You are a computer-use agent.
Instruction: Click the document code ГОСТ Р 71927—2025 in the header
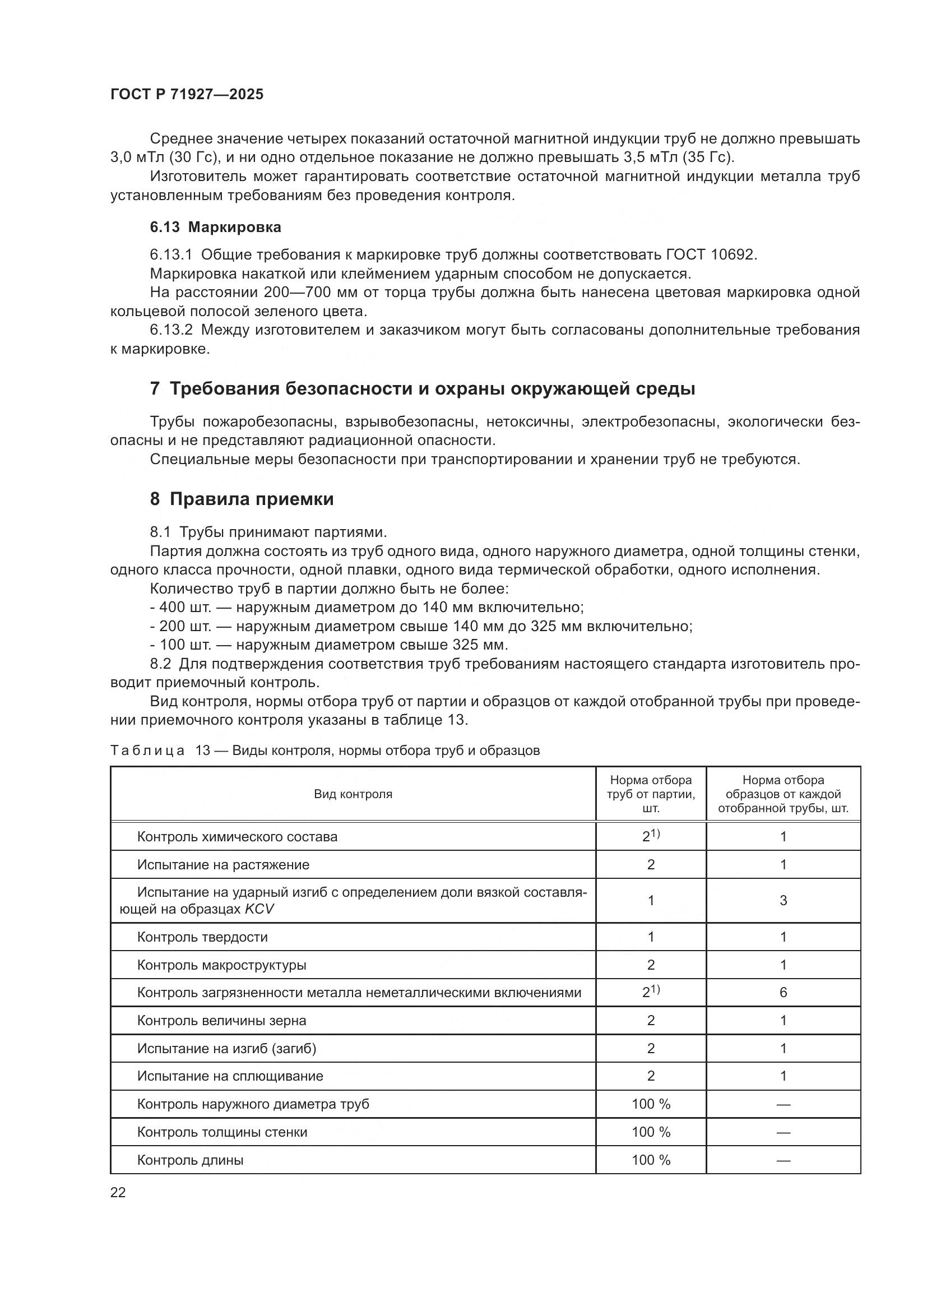pyautogui.click(x=187, y=95)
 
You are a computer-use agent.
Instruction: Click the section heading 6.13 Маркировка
pyautogui.click(x=215, y=227)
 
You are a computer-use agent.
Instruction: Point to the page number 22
pyautogui.click(x=118, y=1193)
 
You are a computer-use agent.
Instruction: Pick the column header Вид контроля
pyautogui.click(x=353, y=794)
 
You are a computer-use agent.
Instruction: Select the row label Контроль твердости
pyautogui.click(x=202, y=937)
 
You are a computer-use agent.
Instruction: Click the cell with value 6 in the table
pyautogui.click(x=782, y=993)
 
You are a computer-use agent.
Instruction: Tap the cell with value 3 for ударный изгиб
pyautogui.click(x=782, y=901)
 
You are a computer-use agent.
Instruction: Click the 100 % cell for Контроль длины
pyautogui.click(x=651, y=1160)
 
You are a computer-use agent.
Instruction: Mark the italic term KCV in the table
pyautogui.click(x=259, y=909)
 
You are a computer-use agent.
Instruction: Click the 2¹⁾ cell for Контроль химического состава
pyautogui.click(x=651, y=836)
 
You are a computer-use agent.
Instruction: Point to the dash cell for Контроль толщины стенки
pyautogui.click(x=782, y=1132)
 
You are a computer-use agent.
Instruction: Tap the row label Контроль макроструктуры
pyautogui.click(x=221, y=965)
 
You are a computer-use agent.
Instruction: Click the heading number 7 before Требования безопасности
pyautogui.click(x=154, y=389)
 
